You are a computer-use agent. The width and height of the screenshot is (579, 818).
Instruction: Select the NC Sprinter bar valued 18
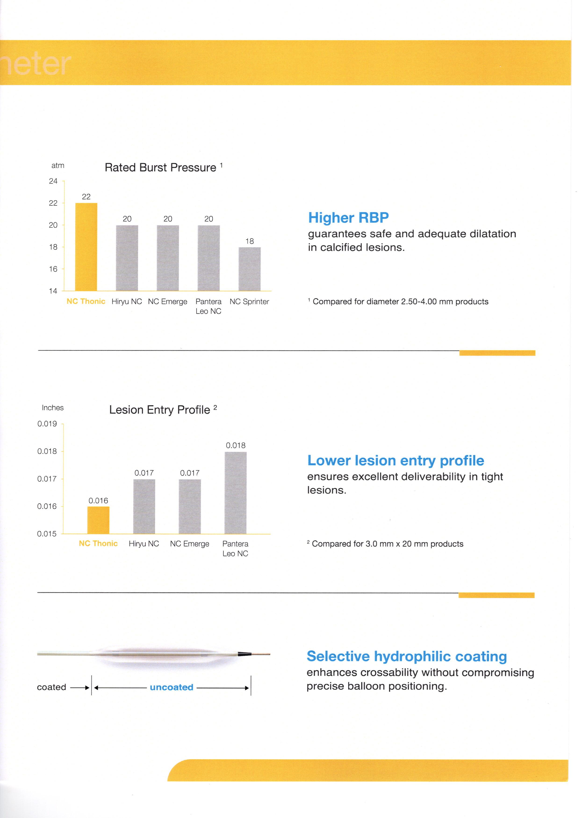point(250,269)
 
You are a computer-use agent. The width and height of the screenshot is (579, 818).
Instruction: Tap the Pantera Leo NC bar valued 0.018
point(235,493)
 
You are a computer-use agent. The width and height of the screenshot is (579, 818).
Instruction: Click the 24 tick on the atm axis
point(53,181)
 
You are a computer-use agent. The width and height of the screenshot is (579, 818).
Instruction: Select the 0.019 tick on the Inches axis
point(47,424)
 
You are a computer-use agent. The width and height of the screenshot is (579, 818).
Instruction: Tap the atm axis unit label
point(58,165)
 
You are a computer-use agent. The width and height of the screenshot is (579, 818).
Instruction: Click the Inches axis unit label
point(53,408)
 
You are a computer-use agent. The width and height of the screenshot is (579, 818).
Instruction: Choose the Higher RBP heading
point(348,217)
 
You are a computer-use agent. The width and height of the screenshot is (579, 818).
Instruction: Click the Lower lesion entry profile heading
point(396,460)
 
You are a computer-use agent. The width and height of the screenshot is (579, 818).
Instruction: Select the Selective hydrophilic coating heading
point(406,656)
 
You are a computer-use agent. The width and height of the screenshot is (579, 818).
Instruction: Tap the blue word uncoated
point(172,687)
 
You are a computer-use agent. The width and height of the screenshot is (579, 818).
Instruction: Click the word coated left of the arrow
point(52,687)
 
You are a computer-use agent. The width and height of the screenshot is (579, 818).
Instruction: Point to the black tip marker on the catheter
point(242,654)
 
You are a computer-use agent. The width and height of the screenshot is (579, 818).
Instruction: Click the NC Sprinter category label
point(249,301)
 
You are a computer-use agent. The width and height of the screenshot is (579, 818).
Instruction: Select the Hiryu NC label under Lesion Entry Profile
point(144,544)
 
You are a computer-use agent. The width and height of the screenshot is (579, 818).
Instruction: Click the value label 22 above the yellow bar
point(86,197)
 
